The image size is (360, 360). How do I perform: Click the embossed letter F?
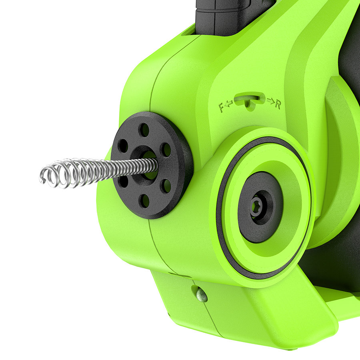pyautogui.click(x=221, y=108)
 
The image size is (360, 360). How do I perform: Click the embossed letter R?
pyautogui.click(x=278, y=104)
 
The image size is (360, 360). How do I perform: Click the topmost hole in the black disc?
pyautogui.click(x=145, y=130)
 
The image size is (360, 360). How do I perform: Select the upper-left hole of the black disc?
pyautogui.click(x=123, y=145)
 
